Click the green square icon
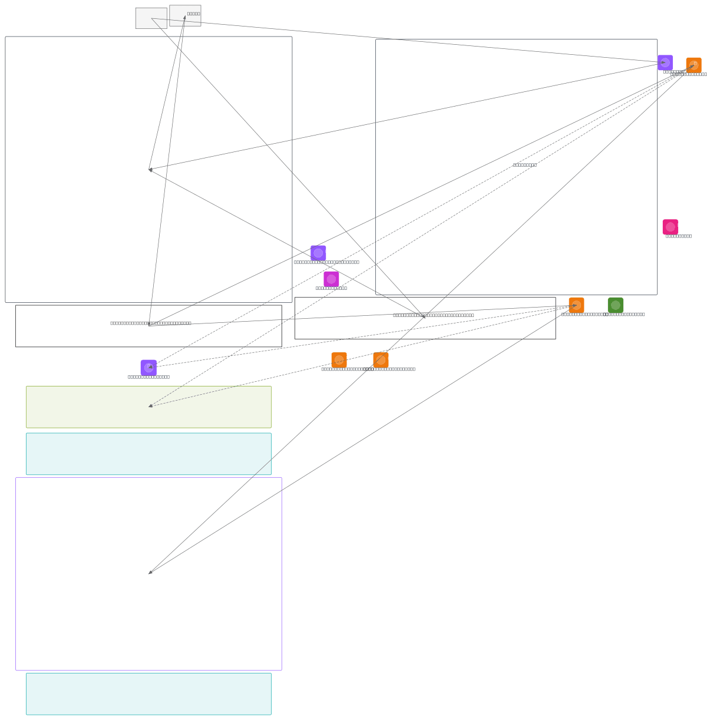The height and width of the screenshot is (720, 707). click(x=615, y=305)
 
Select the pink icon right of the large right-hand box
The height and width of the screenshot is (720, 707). click(x=670, y=227)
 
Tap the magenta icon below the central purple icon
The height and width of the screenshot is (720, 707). click(x=331, y=279)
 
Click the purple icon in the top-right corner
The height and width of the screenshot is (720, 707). click(x=665, y=62)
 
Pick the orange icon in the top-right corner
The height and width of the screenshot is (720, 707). click(x=693, y=65)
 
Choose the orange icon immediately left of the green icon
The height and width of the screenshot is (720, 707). click(x=576, y=305)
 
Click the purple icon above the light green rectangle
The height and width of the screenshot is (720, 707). click(x=148, y=368)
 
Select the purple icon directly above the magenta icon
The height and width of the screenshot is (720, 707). click(x=318, y=253)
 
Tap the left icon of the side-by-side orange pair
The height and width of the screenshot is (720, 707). click(x=339, y=360)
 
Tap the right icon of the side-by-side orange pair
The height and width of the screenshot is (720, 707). click(x=381, y=360)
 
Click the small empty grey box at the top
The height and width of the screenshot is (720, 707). click(x=151, y=18)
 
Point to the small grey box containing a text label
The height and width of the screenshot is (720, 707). click(x=185, y=15)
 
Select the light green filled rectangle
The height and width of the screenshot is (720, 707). click(x=148, y=407)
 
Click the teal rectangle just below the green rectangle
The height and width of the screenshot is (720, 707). click(x=148, y=454)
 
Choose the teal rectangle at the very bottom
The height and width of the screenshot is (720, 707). click(x=148, y=693)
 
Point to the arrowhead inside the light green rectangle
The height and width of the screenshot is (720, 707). click(x=150, y=406)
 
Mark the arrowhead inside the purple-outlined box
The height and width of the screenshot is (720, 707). click(x=150, y=572)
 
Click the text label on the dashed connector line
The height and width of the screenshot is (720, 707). click(x=524, y=165)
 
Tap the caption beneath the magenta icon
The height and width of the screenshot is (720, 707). click(x=331, y=288)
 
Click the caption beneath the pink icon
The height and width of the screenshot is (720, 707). click(x=678, y=236)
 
